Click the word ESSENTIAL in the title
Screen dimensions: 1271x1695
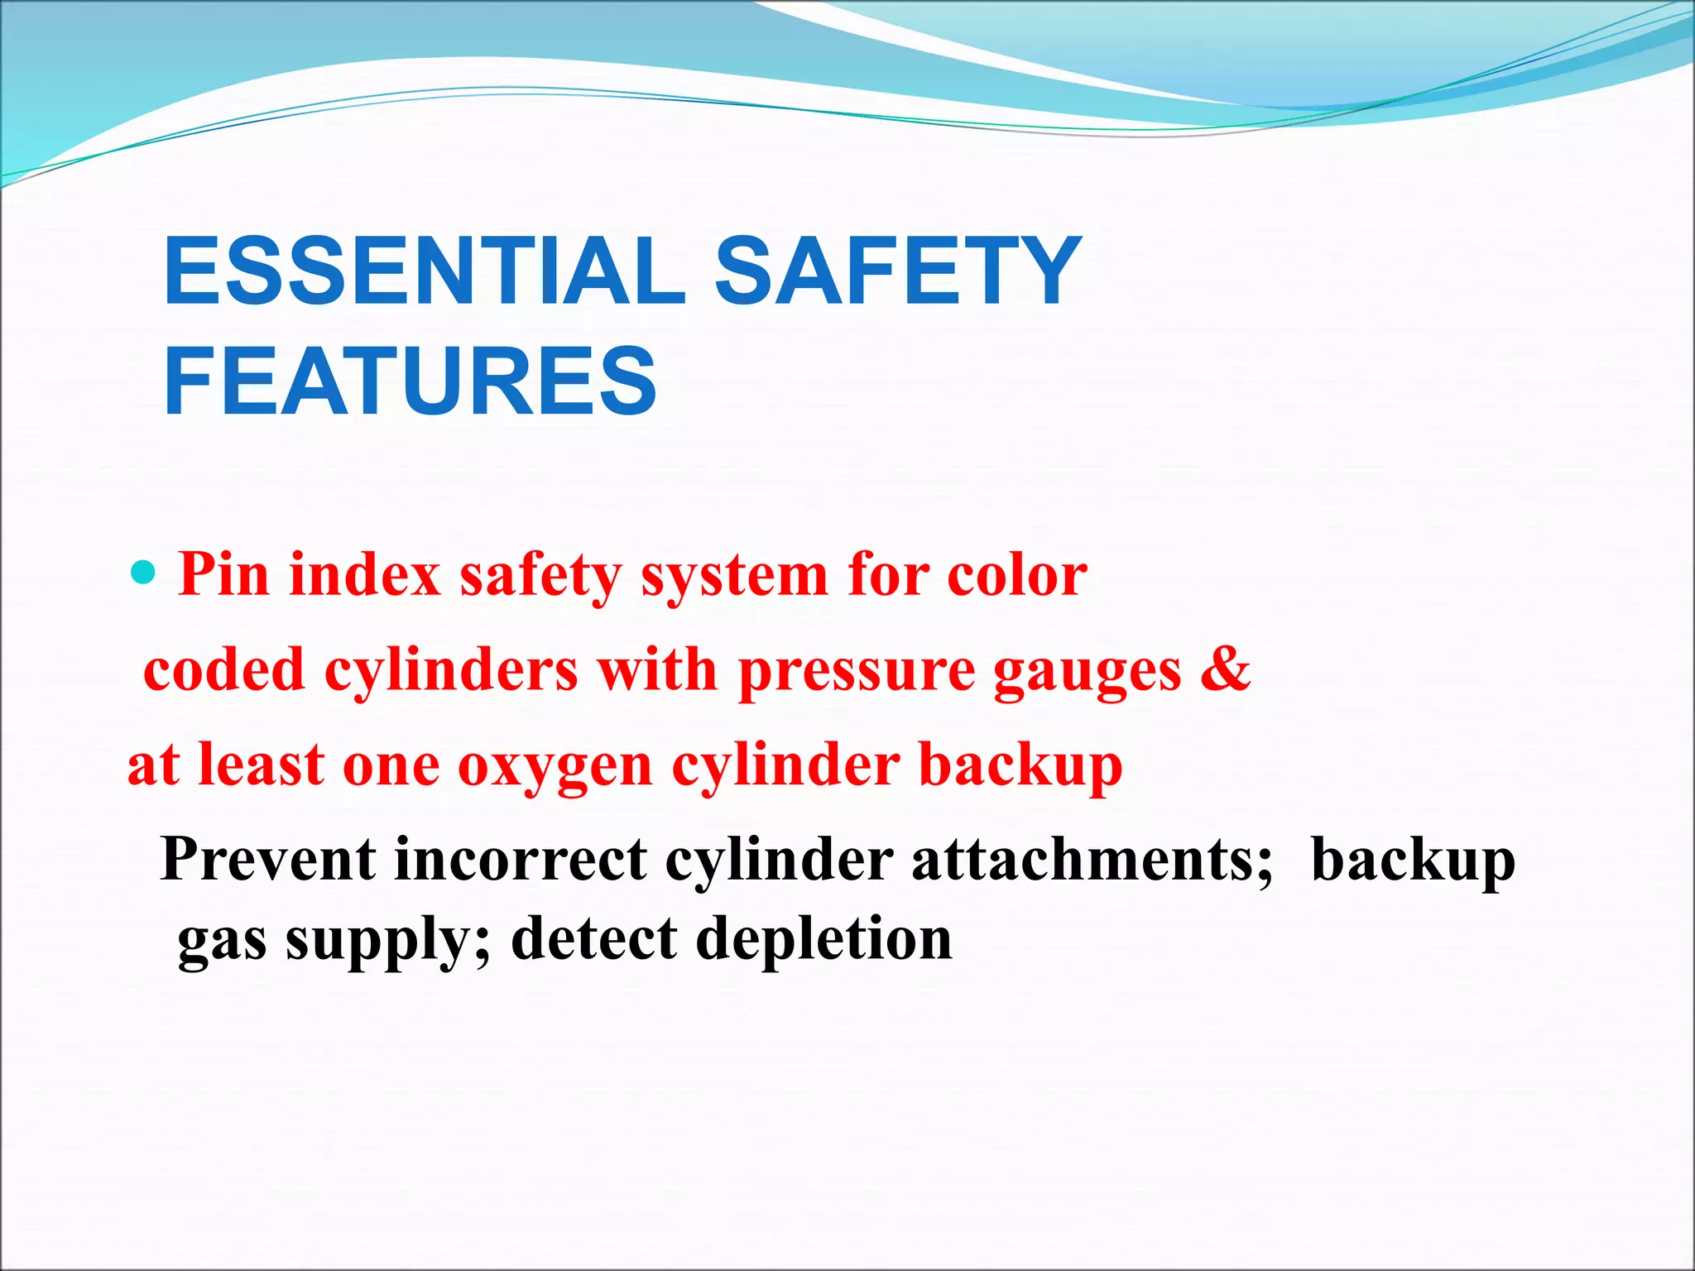(x=425, y=271)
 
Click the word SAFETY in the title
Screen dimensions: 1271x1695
(x=898, y=271)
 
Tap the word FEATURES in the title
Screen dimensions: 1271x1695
(x=411, y=381)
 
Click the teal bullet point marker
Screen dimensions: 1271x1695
(x=143, y=572)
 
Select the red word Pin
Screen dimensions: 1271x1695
(x=223, y=574)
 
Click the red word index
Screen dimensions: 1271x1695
(x=364, y=574)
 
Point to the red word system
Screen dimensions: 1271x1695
(x=734, y=576)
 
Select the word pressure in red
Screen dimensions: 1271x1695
(x=857, y=670)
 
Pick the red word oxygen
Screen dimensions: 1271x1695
(x=555, y=766)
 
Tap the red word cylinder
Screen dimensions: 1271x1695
(x=785, y=765)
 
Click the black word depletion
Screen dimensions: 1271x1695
(x=823, y=941)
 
